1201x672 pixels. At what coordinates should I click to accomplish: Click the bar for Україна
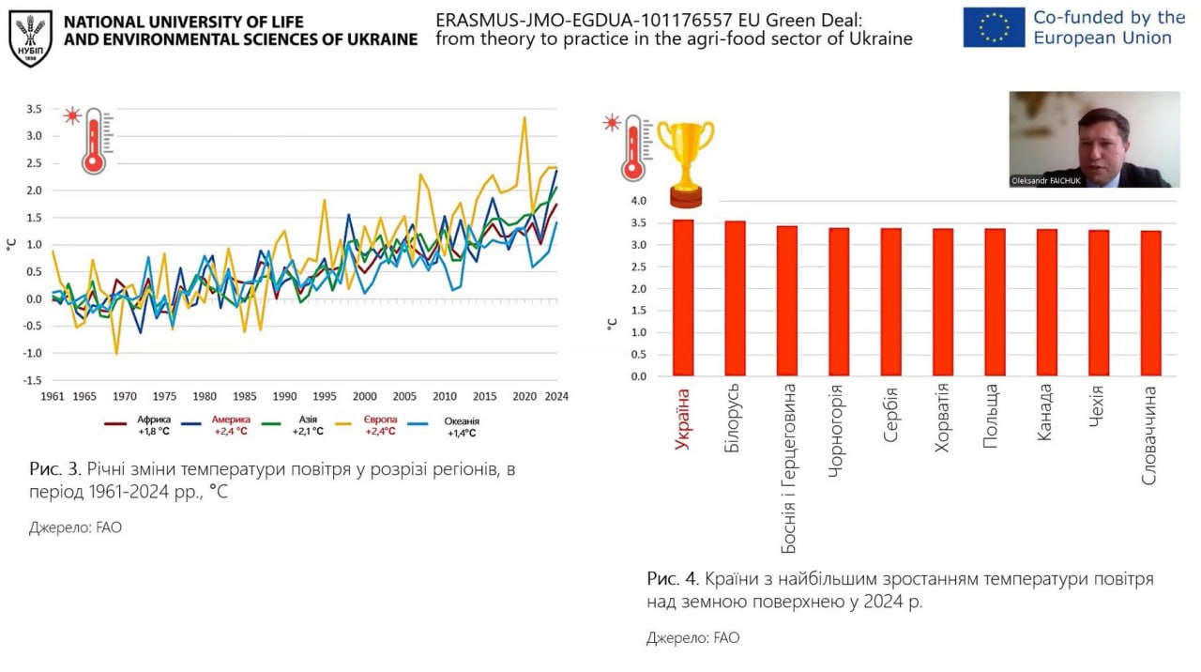click(x=683, y=298)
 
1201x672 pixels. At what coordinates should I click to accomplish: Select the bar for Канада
click(x=1047, y=302)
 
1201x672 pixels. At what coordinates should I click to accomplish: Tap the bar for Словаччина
click(x=1151, y=303)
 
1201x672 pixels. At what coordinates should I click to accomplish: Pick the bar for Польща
click(x=996, y=302)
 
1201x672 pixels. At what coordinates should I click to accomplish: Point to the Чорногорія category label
click(x=838, y=431)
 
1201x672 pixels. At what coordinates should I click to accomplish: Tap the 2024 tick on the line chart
click(x=556, y=395)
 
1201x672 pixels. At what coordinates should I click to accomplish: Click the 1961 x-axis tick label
click(x=53, y=395)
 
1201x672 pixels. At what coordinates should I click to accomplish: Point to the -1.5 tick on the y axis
click(x=34, y=381)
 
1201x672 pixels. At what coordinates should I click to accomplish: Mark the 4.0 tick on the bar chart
click(x=638, y=201)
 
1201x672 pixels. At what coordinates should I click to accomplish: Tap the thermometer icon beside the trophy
click(x=633, y=148)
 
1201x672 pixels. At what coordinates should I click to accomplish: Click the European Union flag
click(x=993, y=27)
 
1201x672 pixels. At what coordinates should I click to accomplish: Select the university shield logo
click(x=30, y=38)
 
